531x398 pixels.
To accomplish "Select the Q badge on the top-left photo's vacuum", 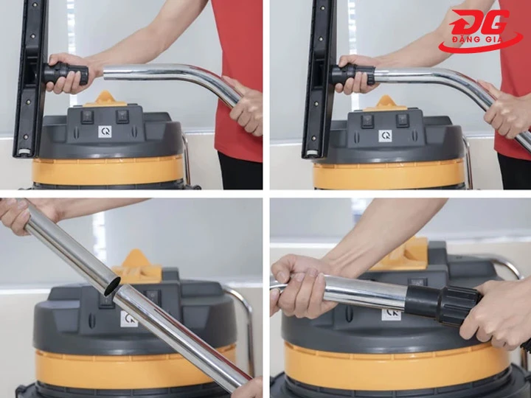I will coord(105,131).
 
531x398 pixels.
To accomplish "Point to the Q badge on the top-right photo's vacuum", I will coord(385,136).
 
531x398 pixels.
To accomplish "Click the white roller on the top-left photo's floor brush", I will coord(21,153).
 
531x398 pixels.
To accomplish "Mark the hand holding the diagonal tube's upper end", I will coord(16,214).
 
